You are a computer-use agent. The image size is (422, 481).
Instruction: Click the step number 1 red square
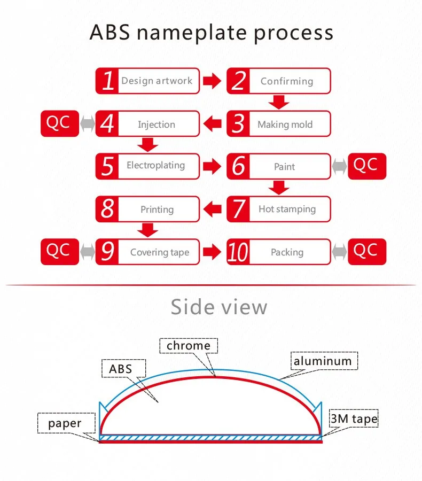point(107,81)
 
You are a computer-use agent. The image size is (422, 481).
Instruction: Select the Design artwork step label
point(157,81)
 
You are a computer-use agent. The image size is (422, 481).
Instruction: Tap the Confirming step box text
point(286,81)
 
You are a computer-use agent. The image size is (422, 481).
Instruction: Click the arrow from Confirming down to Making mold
point(278,102)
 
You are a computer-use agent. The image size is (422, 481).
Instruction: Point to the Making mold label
point(285,125)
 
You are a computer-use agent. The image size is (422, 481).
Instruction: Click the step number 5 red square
point(107,166)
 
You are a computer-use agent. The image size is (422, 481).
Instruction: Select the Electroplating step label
point(155,166)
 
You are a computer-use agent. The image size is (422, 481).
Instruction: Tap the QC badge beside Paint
point(366,166)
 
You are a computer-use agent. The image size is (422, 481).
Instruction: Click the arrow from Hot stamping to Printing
point(213,209)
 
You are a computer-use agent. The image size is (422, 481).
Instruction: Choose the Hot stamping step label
point(287,209)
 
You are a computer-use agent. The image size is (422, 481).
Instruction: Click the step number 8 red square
point(107,209)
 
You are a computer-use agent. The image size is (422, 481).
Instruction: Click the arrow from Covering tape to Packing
point(213,252)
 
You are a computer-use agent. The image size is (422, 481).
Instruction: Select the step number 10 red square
point(238,252)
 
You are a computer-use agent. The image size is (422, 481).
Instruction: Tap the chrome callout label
point(188,346)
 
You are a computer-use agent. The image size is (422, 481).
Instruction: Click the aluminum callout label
point(323,361)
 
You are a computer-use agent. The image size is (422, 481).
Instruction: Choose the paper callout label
point(65,424)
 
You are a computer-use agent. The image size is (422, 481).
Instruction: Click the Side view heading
point(219,307)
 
